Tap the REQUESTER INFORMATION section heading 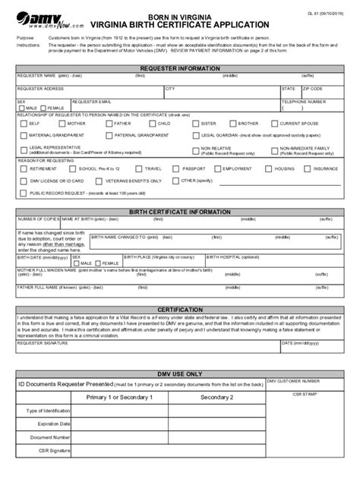pyautogui.click(x=180, y=67)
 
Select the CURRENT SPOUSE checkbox pyautogui.click(x=276, y=123)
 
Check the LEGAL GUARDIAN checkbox pyautogui.click(x=197, y=135)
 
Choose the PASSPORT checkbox pyautogui.click(x=179, y=169)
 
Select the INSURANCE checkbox pyautogui.click(x=310, y=169)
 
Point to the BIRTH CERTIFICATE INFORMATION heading pyautogui.click(x=180, y=212)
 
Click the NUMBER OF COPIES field pyautogui.click(x=33, y=225)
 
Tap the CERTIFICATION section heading pyautogui.click(x=180, y=310)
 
